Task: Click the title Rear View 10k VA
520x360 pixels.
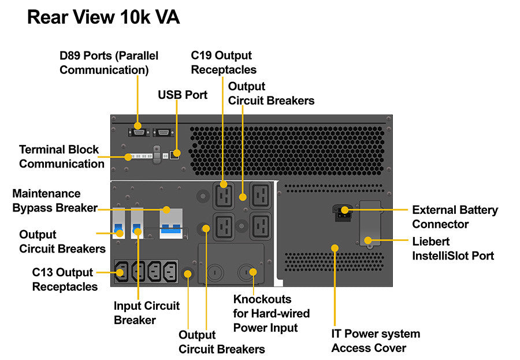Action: pos(103,17)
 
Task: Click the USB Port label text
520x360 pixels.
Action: pos(183,94)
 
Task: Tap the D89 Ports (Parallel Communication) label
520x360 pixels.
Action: pos(109,63)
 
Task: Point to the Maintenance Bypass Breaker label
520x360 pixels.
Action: pos(54,201)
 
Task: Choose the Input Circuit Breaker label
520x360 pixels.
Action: pos(147,313)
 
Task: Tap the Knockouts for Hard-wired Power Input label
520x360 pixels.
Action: pos(271,314)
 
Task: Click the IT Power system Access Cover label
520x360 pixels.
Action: pos(376,341)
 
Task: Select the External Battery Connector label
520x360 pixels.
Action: pos(455,217)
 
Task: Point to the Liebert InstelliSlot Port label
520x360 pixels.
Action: pos(453,248)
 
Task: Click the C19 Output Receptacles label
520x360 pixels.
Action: pos(224,63)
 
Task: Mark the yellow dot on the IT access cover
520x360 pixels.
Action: pos(334,248)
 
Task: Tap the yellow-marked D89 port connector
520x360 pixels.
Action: pos(138,125)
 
